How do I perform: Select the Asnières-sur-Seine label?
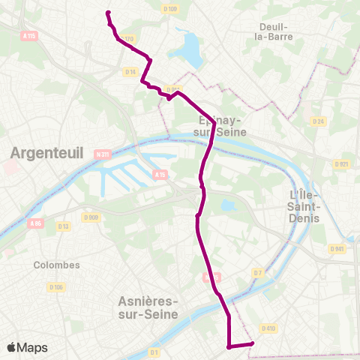click(x=148, y=307)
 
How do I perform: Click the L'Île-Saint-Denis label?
click(x=304, y=206)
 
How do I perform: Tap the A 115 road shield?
click(x=29, y=35)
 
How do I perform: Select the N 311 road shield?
click(x=103, y=155)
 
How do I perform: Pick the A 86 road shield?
click(x=35, y=223)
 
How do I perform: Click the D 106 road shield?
click(x=56, y=287)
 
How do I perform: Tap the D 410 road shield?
click(x=268, y=328)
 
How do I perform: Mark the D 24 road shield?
click(x=318, y=121)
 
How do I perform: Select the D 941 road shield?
click(x=336, y=248)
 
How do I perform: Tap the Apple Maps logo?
click(x=27, y=347)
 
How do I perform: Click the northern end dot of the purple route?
click(x=109, y=13)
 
